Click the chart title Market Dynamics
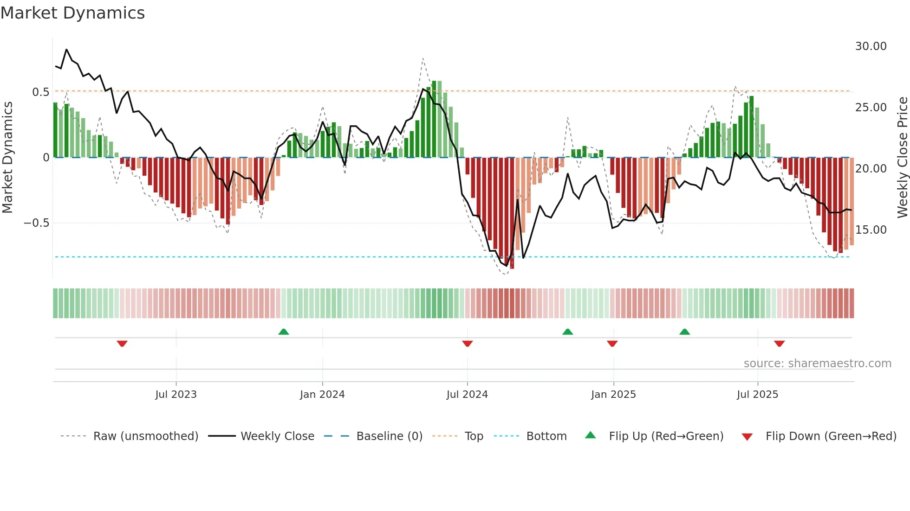point(72,13)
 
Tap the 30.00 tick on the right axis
point(871,46)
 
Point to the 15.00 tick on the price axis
point(871,230)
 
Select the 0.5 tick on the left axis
point(41,92)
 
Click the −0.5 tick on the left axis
point(37,223)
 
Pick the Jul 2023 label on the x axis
point(176,395)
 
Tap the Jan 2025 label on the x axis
point(613,395)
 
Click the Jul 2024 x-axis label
point(467,395)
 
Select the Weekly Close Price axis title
point(902,158)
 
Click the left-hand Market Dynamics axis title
point(8,158)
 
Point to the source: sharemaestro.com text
point(817,364)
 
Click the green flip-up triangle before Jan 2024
point(284,332)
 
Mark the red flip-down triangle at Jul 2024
point(468,344)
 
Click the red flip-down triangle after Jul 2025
point(779,344)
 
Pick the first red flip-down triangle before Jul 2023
point(122,344)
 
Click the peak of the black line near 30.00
point(66,50)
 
